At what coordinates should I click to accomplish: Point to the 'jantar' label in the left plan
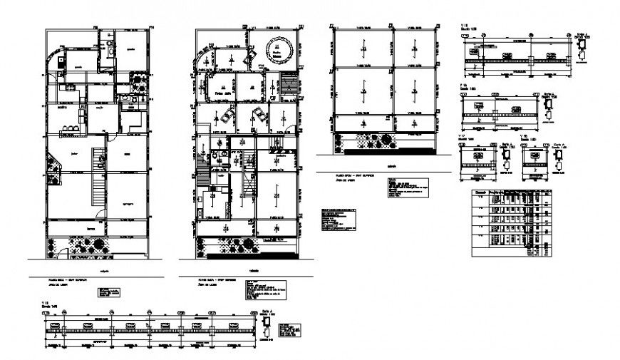coord(73,153)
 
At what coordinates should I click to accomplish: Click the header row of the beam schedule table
coord(511,193)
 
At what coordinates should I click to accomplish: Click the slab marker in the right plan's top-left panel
coord(363,45)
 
